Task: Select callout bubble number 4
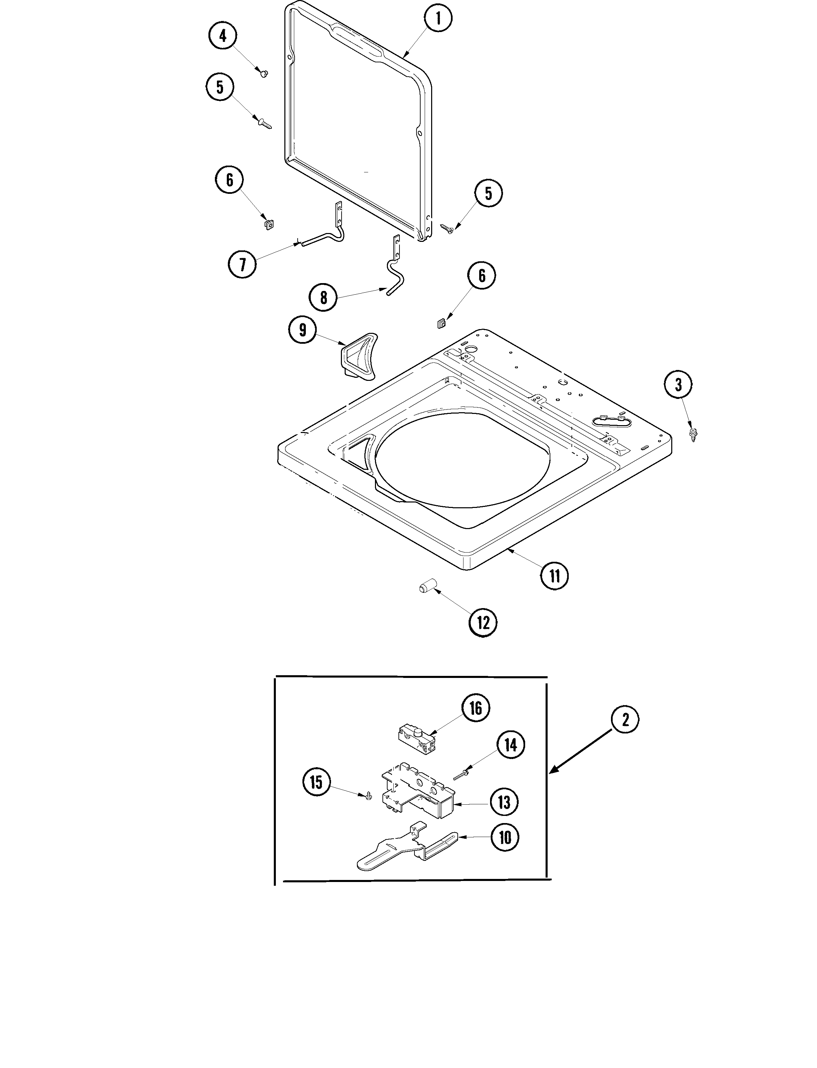[223, 36]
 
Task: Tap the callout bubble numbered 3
[678, 385]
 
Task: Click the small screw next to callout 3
[692, 433]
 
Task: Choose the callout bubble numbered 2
[625, 719]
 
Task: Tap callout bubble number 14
[510, 745]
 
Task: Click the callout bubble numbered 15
[316, 782]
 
